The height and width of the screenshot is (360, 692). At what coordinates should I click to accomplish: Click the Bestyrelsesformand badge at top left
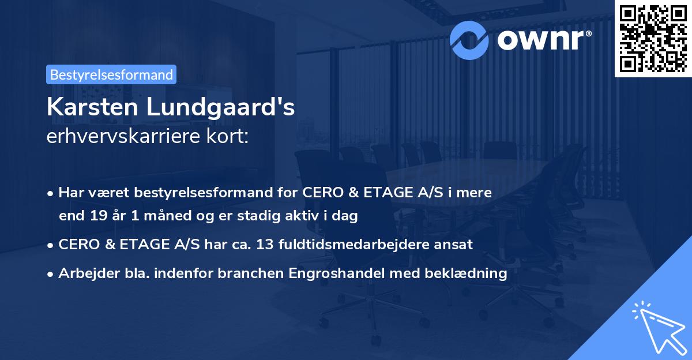click(x=111, y=74)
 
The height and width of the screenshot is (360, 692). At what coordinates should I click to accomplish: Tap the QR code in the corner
click(x=653, y=38)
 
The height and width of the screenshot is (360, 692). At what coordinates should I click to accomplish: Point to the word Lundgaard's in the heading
click(x=230, y=107)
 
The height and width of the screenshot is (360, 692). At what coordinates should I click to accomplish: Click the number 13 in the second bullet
click(x=264, y=244)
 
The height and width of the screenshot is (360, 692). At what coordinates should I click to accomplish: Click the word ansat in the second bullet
click(x=455, y=244)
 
